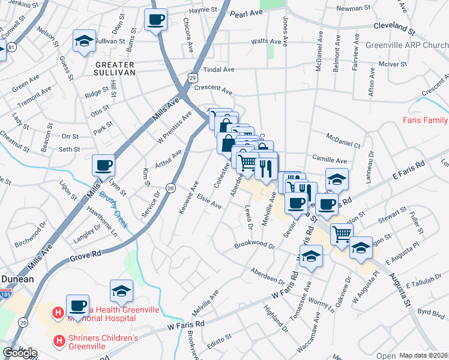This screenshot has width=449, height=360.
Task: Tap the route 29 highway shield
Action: [191, 77]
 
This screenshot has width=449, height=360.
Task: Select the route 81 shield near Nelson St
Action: [12, 46]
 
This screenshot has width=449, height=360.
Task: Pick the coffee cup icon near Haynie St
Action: [156, 19]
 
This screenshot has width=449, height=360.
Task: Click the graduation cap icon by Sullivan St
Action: [84, 41]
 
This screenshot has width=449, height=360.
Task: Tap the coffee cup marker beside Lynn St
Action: [103, 166]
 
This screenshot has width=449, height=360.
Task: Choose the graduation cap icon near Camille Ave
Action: [337, 179]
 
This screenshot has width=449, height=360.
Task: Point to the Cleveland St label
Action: [394, 28]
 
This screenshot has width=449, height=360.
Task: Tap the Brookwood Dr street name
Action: [255, 246]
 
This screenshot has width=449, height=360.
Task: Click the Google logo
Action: [20, 353]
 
